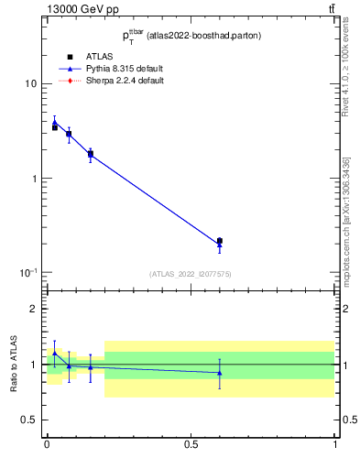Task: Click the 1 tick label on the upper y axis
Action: [x=34, y=179]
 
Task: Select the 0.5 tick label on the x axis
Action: [x=191, y=443]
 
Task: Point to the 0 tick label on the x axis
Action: [x=47, y=443]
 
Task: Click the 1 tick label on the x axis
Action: [x=335, y=443]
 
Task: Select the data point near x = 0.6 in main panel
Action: [x=219, y=241]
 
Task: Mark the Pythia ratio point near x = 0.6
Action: [x=219, y=373]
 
